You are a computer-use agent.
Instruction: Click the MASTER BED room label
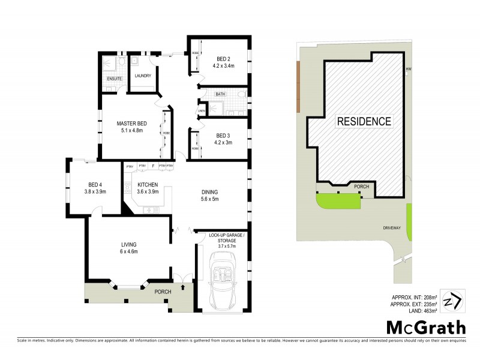tap(131, 124)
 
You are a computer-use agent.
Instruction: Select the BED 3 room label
tap(223, 135)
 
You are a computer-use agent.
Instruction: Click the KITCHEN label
tap(148, 184)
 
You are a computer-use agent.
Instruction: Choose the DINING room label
tap(209, 193)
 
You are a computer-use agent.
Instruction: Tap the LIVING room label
tap(129, 245)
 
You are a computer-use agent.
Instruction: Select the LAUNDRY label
tap(143, 76)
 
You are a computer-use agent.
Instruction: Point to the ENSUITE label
tap(114, 79)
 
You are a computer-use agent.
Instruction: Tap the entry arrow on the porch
tap(182, 289)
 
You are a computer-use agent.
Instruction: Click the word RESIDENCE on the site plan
tap(364, 121)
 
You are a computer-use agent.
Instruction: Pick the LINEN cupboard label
tap(201, 110)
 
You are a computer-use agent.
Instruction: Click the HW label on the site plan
tap(409, 69)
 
